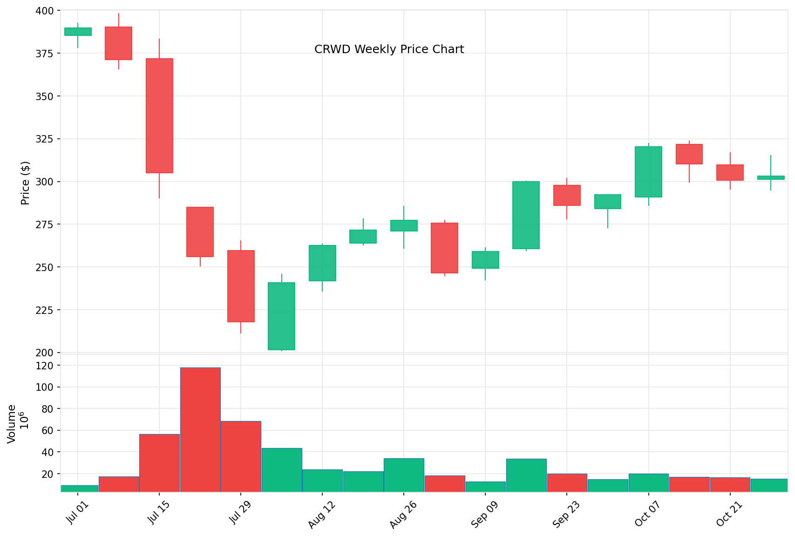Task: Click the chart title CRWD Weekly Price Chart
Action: click(x=389, y=49)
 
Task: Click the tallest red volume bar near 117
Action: click(x=200, y=429)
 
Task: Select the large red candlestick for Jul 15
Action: click(x=159, y=116)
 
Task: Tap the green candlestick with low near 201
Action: click(x=281, y=316)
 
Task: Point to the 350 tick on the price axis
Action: click(x=44, y=96)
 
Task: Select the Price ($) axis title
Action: click(x=25, y=183)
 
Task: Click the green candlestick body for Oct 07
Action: click(x=648, y=172)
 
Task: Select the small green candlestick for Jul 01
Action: click(x=78, y=32)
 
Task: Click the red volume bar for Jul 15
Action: click(x=159, y=462)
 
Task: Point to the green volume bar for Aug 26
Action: click(x=404, y=475)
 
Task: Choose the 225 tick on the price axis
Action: click(x=44, y=310)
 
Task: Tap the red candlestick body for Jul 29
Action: click(x=241, y=286)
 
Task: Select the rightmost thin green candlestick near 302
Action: click(x=771, y=177)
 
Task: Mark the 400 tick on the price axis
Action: click(x=44, y=10)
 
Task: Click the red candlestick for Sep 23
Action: click(x=567, y=195)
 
